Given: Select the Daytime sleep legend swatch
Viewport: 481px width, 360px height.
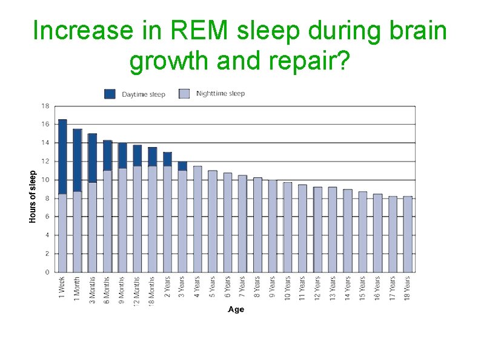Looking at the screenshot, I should pyautogui.click(x=110, y=94).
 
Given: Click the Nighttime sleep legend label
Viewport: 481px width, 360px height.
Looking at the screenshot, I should pyautogui.click(x=221, y=94).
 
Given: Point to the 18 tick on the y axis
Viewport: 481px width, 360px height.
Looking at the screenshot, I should pyautogui.click(x=45, y=106).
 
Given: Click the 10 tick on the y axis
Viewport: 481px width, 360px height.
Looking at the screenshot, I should pyautogui.click(x=45, y=180).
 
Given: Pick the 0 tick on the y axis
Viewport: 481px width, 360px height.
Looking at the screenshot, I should pyautogui.click(x=47, y=272).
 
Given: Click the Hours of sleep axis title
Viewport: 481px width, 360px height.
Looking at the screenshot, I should pyautogui.click(x=33, y=195).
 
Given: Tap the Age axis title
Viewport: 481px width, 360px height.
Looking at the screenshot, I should pyautogui.click(x=236, y=309).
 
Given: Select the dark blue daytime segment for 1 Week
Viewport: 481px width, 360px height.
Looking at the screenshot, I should pyautogui.click(x=62, y=157).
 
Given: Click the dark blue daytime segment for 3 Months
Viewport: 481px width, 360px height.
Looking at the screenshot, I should pyautogui.click(x=93, y=158).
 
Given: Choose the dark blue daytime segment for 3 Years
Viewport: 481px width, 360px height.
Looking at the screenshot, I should pyautogui.click(x=182, y=166).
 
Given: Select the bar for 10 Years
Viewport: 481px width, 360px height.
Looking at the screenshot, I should pyautogui.click(x=288, y=227).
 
